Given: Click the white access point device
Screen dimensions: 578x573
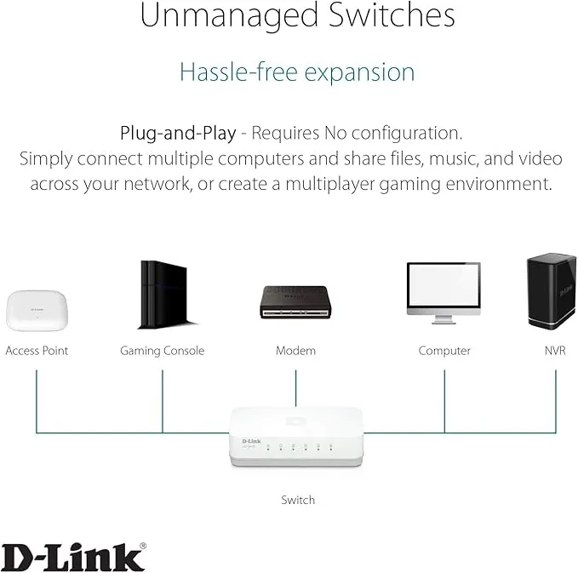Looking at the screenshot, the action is point(37,311).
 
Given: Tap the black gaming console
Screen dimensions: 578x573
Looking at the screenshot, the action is point(166,295).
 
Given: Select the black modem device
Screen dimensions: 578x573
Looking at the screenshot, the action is point(295,302).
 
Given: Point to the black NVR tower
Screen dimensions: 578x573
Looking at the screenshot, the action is point(551,290).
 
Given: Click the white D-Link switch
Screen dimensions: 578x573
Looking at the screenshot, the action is point(296,437).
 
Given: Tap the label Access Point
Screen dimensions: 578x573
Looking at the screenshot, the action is point(37,350).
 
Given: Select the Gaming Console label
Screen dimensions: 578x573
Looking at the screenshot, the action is point(163,351).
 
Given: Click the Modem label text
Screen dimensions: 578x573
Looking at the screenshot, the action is point(295,350).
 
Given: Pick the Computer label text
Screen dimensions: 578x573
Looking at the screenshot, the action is point(444,351).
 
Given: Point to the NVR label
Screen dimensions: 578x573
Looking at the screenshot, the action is point(555,350).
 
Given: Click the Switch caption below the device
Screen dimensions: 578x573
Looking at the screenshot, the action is point(298,500).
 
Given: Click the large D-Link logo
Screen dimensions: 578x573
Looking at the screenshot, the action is point(73,557).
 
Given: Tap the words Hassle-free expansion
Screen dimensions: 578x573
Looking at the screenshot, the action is point(297,72).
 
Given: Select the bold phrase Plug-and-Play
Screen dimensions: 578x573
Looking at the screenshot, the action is point(178,133).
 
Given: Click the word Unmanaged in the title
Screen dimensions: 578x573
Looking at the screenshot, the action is point(229,15).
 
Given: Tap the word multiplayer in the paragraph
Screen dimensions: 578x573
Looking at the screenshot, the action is point(330,184).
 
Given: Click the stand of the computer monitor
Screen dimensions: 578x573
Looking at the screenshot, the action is point(444,319).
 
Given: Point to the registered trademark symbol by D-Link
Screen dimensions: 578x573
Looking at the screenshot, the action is point(143,546).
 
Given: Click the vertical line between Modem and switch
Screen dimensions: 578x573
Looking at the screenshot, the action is point(295,388).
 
